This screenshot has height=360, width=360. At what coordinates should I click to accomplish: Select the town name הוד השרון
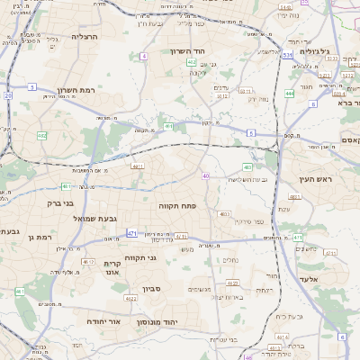point(188,51)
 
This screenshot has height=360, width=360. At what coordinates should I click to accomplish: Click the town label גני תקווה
point(139,257)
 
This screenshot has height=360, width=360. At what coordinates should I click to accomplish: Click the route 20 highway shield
point(8,94)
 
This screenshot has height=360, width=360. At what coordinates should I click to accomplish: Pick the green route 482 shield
point(41,136)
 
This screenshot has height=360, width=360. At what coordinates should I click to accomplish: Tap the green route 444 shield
point(289,93)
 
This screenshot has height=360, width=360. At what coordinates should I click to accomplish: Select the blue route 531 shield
point(286,56)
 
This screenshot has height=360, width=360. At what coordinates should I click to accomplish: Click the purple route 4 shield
point(144,56)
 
